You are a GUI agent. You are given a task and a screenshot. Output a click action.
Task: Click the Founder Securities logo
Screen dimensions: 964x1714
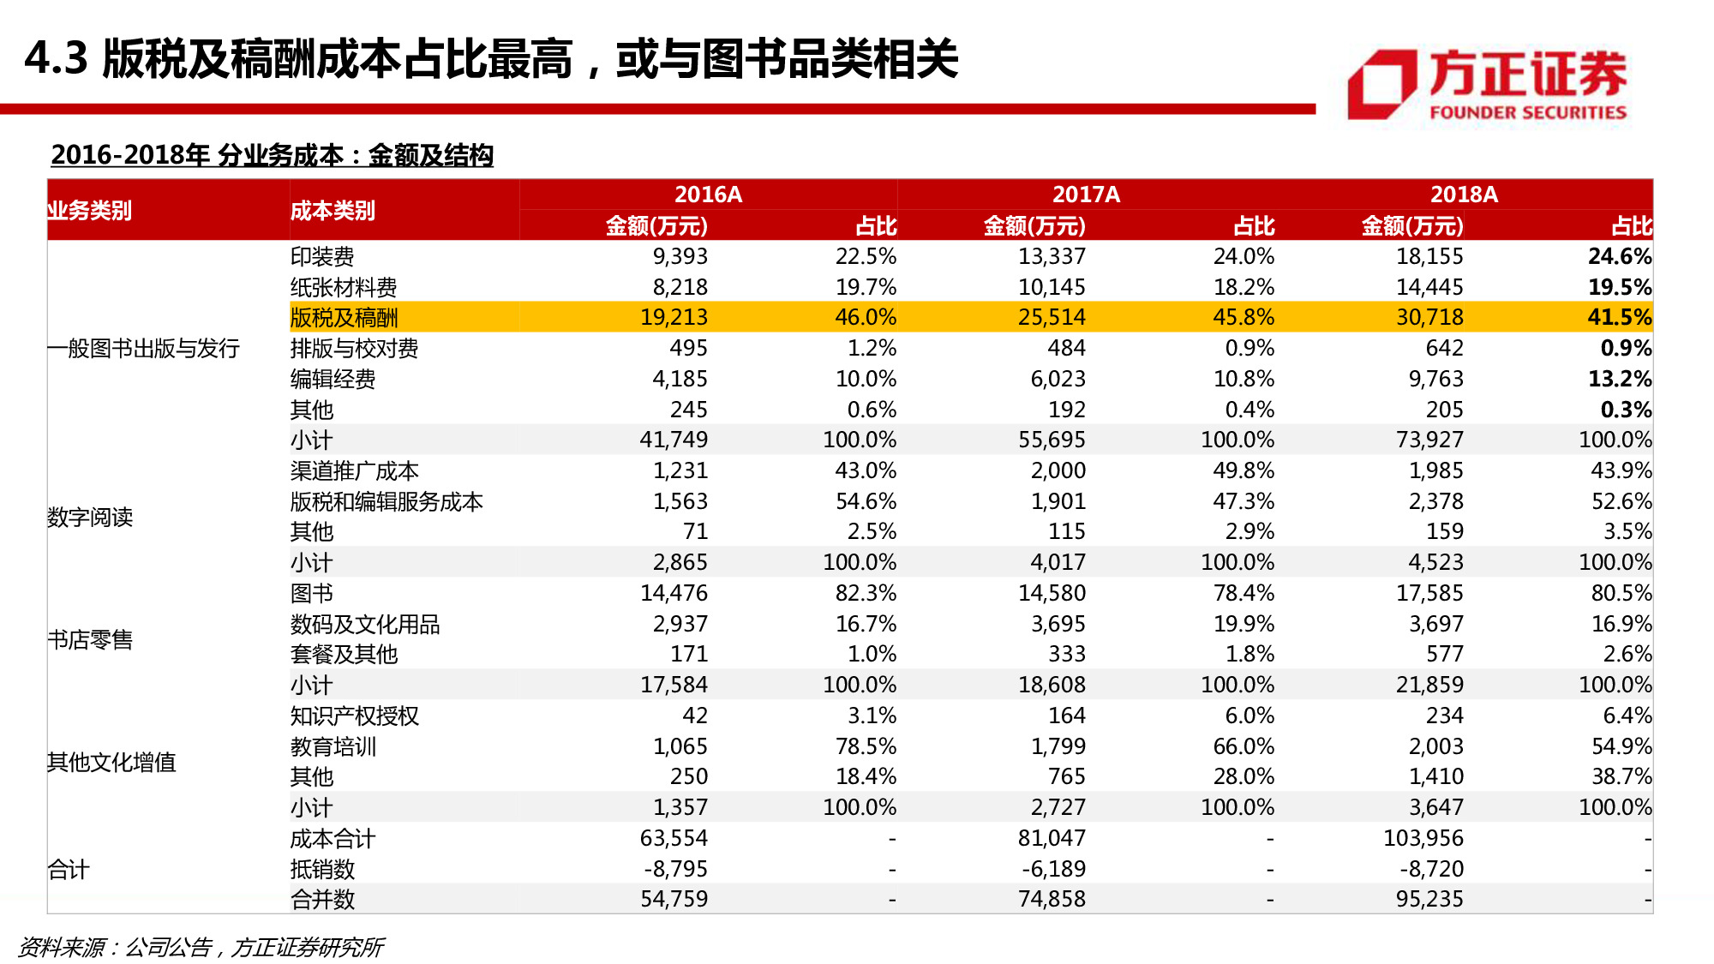tap(1487, 84)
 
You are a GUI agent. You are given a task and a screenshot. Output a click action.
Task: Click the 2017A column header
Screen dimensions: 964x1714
tap(1086, 195)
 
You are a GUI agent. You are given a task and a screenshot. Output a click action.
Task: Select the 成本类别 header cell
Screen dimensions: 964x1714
tap(333, 211)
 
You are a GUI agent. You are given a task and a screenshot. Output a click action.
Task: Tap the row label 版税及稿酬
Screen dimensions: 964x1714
tap(344, 318)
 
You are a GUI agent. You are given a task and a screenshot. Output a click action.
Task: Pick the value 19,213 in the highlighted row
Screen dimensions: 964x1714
tap(674, 318)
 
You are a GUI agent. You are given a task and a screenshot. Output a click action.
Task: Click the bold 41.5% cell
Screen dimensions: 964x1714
tap(1619, 318)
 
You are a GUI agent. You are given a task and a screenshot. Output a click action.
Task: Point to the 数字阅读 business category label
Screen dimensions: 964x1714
tap(90, 518)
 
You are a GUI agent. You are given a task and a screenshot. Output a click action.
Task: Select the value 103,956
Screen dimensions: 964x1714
tap(1423, 838)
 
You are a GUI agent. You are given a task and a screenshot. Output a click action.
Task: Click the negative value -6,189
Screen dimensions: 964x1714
tap(1053, 869)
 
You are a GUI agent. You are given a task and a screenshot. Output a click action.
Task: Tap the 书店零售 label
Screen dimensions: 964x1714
tap(90, 640)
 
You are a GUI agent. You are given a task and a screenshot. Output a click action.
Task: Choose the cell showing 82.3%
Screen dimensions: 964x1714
tap(866, 593)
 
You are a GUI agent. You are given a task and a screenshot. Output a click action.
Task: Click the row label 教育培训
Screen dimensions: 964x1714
tap(333, 746)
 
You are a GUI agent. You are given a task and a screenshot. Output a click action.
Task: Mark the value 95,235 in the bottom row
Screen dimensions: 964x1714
tap(1429, 899)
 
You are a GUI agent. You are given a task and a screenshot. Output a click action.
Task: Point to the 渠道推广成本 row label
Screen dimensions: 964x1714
tap(354, 471)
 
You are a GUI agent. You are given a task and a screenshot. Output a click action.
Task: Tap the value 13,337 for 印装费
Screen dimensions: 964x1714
tap(1052, 256)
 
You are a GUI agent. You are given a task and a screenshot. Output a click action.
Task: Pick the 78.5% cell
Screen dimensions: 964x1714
tap(866, 746)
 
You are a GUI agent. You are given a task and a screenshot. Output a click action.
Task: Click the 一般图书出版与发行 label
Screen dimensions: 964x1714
tap(143, 349)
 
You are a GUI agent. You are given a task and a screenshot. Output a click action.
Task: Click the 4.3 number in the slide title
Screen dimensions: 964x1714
tap(57, 59)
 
